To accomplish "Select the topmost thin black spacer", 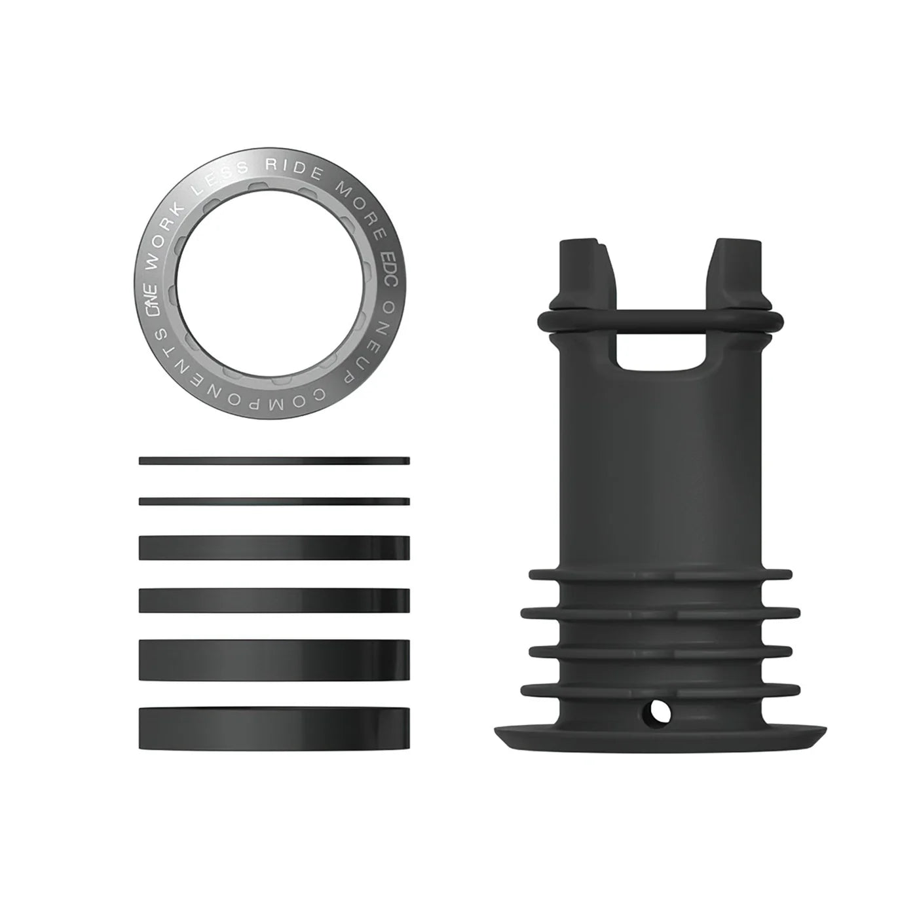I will (274, 460).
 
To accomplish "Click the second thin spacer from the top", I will (274, 501).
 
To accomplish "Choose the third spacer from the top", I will (274, 548).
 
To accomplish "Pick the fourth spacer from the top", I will (274, 600).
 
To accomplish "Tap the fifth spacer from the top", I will (274, 659).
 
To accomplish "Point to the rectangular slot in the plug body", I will (665, 351).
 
